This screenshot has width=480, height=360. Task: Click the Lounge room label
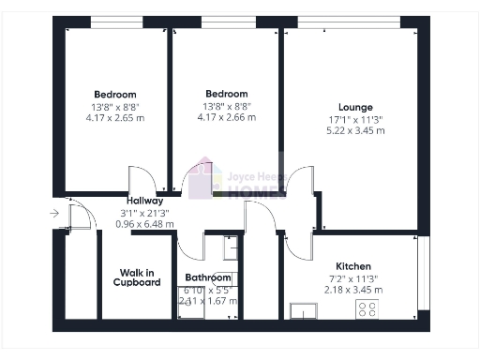(355, 107)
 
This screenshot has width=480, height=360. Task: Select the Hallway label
(145, 201)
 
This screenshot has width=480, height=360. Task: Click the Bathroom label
(207, 278)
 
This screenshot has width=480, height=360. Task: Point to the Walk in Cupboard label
(137, 277)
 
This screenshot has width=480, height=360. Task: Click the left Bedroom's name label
(115, 95)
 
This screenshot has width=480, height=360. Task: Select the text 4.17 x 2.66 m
(226, 117)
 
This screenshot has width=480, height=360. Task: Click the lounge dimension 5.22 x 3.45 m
(355, 130)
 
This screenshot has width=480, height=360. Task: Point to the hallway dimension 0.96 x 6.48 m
(145, 224)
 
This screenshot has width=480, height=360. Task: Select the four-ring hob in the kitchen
(366, 309)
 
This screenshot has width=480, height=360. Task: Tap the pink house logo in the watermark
(203, 182)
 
